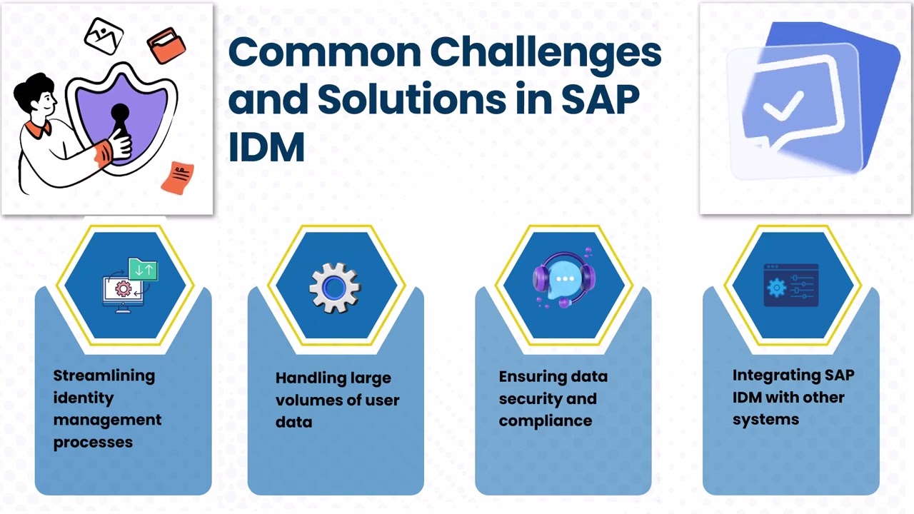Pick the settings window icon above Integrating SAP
click(790, 286)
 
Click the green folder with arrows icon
click(143, 271)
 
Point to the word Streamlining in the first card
click(104, 376)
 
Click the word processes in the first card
click(93, 442)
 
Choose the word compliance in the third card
click(545, 420)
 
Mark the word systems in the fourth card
click(765, 419)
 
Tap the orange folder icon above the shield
click(166, 44)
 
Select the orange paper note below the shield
click(178, 177)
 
